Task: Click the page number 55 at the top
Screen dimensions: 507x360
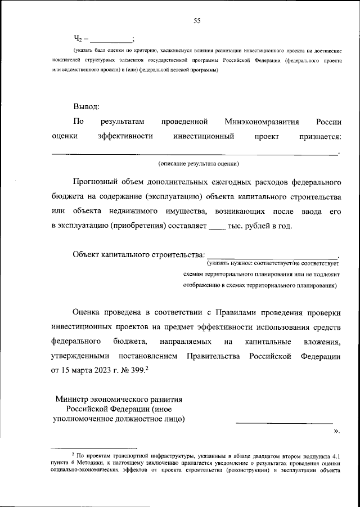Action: tap(197, 21)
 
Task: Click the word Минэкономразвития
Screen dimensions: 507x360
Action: tap(262, 121)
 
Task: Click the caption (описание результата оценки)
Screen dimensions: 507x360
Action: tap(199, 163)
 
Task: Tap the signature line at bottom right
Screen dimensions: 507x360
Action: tap(283, 422)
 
